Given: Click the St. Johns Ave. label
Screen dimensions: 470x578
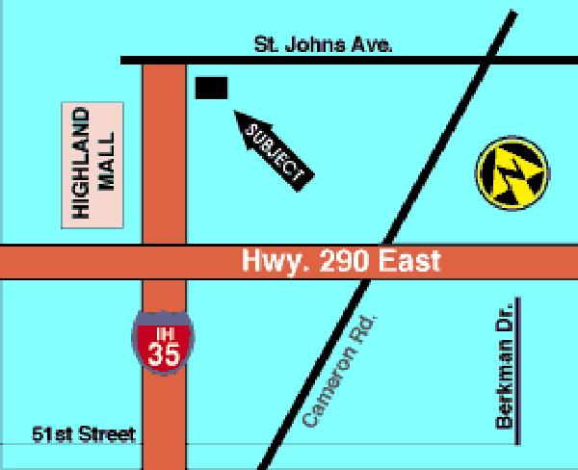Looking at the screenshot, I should (x=323, y=44).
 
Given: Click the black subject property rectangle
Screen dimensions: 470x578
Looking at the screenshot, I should (x=211, y=88).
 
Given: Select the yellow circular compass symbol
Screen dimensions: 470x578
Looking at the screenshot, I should (x=512, y=173).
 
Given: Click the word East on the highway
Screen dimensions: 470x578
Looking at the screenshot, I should (x=410, y=260).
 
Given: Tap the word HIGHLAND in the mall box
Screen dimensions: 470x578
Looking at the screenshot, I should (x=82, y=165).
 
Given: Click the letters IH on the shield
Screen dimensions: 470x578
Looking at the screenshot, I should (x=162, y=332).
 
